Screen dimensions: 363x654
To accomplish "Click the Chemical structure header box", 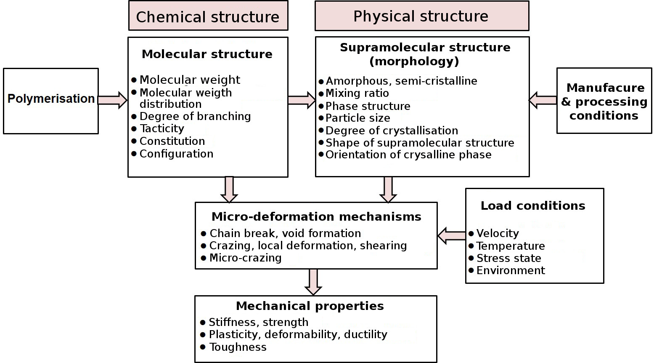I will point(208,16).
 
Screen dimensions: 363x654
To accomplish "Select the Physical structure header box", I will point(421,16).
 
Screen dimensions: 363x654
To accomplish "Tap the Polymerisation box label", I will point(51,99).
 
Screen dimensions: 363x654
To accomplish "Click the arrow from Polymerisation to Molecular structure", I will point(112,100).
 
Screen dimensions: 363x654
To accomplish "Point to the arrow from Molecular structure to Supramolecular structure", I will point(302,100).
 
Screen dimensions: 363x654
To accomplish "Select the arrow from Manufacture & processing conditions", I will point(543,100).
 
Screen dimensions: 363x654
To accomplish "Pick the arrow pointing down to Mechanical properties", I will point(313,282).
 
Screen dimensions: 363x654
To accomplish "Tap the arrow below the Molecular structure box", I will point(229,190).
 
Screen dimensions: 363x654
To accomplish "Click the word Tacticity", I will point(162,128).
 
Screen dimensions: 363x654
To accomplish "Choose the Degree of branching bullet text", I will point(195,116).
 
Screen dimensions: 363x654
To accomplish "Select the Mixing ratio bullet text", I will point(357,93).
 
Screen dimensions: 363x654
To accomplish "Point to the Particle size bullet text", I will point(358,118).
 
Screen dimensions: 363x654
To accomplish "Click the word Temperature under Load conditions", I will point(511,246).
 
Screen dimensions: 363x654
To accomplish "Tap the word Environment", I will point(511,270).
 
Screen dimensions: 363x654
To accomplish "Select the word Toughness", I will point(238,347).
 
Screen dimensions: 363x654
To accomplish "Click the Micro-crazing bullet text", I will point(246,258).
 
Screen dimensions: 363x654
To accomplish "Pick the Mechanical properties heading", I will point(310,306).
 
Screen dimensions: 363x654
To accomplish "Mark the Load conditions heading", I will point(533,206).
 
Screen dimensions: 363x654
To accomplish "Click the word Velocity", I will point(498,233).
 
